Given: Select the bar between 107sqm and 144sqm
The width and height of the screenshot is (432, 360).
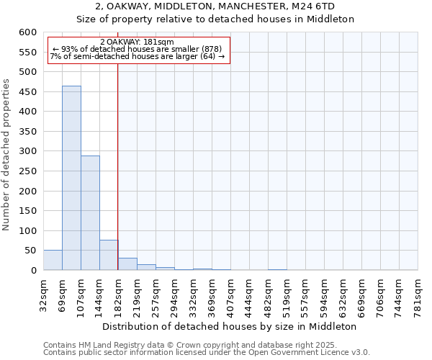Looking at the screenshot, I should pyautogui.click(x=90, y=212).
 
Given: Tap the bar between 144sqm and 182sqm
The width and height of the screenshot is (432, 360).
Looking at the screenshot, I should pyautogui.click(x=109, y=255).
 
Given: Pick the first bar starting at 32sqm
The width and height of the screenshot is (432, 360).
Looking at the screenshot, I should pyautogui.click(x=53, y=260).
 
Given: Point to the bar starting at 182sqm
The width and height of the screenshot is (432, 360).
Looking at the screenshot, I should pyautogui.click(x=127, y=264).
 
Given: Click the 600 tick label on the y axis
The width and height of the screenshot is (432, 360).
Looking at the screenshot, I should pyautogui.click(x=28, y=32).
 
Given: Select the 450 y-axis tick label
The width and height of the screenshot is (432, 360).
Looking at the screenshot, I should pyautogui.click(x=28, y=112).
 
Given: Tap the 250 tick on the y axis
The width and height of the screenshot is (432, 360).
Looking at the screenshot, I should pyautogui.click(x=28, y=191).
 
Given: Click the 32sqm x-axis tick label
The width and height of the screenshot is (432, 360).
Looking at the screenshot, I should pyautogui.click(x=43, y=294).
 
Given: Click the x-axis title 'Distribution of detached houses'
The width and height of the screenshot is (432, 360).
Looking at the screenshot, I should pyautogui.click(x=235, y=326).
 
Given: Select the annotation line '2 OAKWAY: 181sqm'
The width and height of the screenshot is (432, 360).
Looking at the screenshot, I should pyautogui.click(x=137, y=42).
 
